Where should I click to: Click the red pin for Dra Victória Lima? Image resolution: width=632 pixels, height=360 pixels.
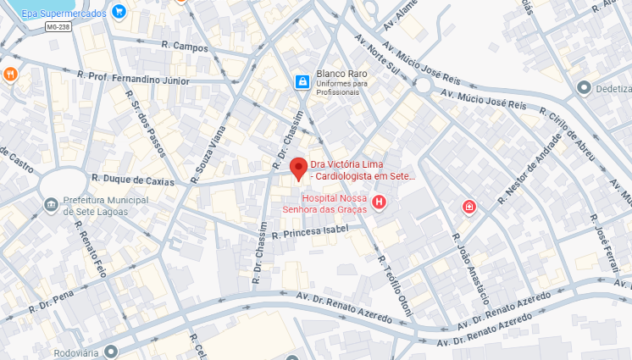pyautogui.click(x=297, y=167)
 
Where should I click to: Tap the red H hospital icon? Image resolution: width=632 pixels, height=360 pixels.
pyautogui.click(x=379, y=202)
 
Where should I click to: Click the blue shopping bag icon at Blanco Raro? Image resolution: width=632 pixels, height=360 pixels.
pyautogui.click(x=301, y=81)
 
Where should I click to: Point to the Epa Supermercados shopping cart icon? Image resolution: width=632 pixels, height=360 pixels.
pyautogui.click(x=119, y=13)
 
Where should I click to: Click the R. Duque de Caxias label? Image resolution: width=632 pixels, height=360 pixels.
pyautogui.click(x=133, y=180)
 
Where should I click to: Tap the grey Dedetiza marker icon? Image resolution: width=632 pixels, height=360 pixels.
pyautogui.click(x=583, y=87)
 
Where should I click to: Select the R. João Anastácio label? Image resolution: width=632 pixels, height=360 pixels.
pyautogui.click(x=471, y=269)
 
